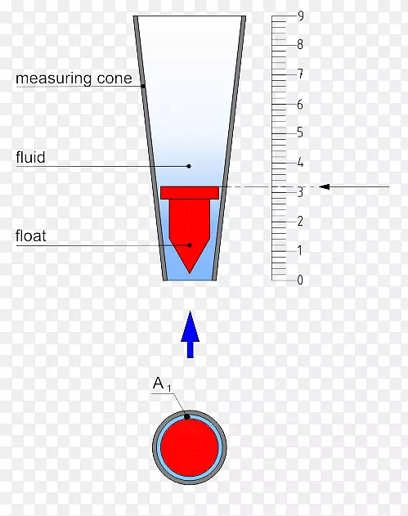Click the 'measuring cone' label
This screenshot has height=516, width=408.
coord(74,79)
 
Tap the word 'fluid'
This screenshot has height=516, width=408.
coord(30,157)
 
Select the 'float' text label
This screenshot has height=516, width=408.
coord(30,236)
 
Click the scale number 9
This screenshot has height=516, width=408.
coord(300,16)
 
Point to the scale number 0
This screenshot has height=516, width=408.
coord(300,280)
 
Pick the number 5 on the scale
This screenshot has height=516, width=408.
coord(300,132)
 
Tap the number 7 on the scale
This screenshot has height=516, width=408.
coord(300,74)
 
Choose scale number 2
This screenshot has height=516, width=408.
coord(300,221)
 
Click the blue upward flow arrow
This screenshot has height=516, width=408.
coord(190,334)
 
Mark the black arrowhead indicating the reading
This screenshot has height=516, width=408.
coord(325,187)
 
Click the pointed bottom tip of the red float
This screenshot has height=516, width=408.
coord(190,273)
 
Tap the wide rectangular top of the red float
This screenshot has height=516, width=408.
coord(190,193)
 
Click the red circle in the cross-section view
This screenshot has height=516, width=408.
coord(190,448)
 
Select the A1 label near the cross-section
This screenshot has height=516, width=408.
coord(162,384)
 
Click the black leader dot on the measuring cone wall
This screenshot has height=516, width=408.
coord(143,86)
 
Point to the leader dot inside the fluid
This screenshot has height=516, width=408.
coord(189,166)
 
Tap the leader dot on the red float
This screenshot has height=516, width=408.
coord(190,245)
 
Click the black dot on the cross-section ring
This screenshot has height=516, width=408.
coord(187,416)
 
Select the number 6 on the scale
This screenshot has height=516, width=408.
coord(300,105)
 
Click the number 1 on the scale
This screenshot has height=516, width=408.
coord(299,251)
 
